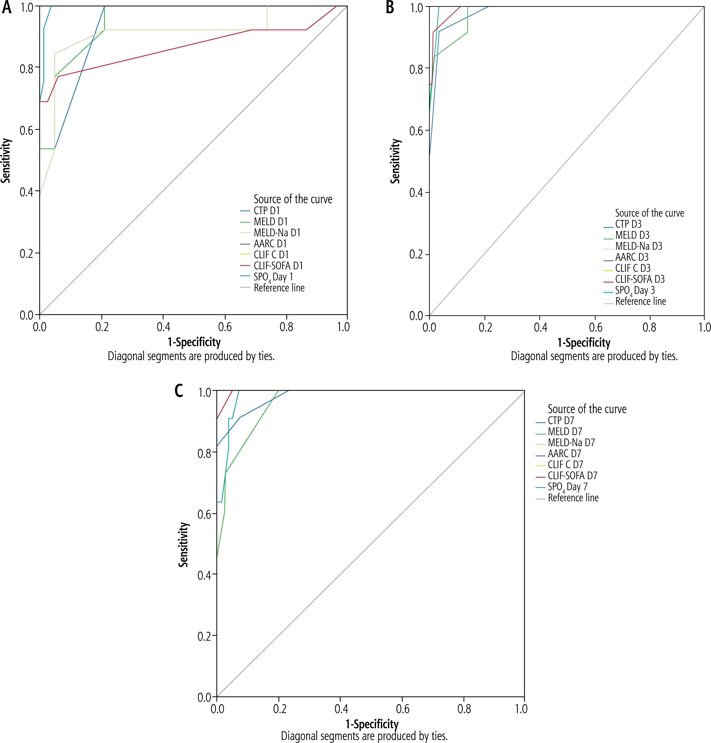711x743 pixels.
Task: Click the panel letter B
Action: pos(390,7)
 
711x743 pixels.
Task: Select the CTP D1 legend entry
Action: pos(266,211)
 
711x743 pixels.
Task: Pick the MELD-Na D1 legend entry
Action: pos(277,233)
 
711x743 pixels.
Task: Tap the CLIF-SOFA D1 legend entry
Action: pos(278,266)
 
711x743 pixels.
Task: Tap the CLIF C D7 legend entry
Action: pos(565,465)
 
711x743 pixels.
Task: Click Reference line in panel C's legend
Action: pos(573,498)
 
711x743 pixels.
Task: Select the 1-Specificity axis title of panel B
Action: pos(584,343)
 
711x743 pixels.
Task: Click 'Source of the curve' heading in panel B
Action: pos(650,213)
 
